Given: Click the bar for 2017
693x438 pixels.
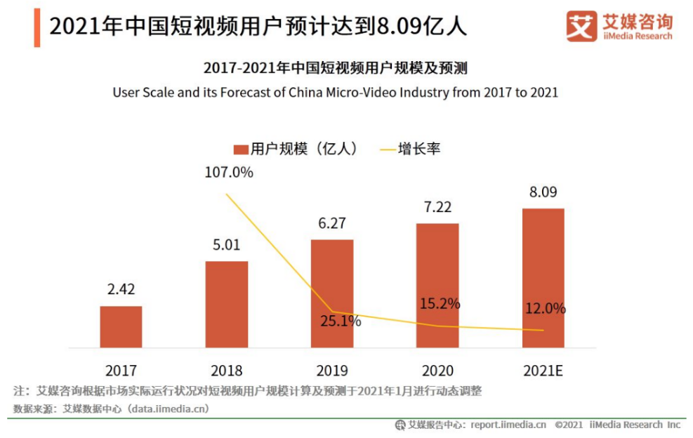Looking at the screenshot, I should click(x=121, y=326).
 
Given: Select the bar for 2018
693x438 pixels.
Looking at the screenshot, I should click(x=226, y=304).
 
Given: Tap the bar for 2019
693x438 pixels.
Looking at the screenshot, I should click(x=332, y=293).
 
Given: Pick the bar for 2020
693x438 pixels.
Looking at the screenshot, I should click(x=437, y=285).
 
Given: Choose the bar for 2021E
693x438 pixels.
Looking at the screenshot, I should click(x=543, y=277).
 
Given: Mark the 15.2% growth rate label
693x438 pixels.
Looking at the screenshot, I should click(x=440, y=304).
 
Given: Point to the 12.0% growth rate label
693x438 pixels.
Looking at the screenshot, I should click(x=545, y=309).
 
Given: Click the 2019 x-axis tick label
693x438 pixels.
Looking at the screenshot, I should click(x=332, y=371).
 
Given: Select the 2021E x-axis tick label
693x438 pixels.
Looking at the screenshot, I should click(x=543, y=371).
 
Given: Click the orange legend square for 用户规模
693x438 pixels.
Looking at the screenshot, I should click(x=240, y=150).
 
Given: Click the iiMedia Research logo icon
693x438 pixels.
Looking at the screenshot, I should click(x=581, y=27).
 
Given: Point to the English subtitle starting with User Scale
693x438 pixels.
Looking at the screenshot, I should click(x=336, y=92).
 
